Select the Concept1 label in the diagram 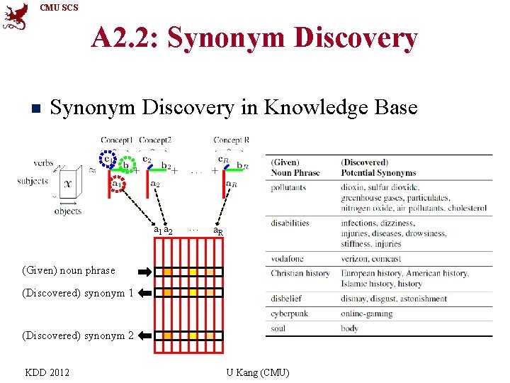(x=117, y=140)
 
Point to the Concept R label (x=231, y=140)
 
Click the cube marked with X (x=69, y=182)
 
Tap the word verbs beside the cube (x=43, y=163)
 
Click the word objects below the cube (x=68, y=211)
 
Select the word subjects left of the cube (x=33, y=181)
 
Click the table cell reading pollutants (x=288, y=188)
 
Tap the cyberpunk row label (x=290, y=313)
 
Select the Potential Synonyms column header (x=378, y=173)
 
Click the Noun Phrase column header (x=295, y=173)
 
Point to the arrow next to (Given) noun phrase (x=144, y=271)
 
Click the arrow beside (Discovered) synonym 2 (x=144, y=335)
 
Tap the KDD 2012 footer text (x=47, y=372)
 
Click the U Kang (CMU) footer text (x=257, y=372)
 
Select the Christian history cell (x=300, y=273)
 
